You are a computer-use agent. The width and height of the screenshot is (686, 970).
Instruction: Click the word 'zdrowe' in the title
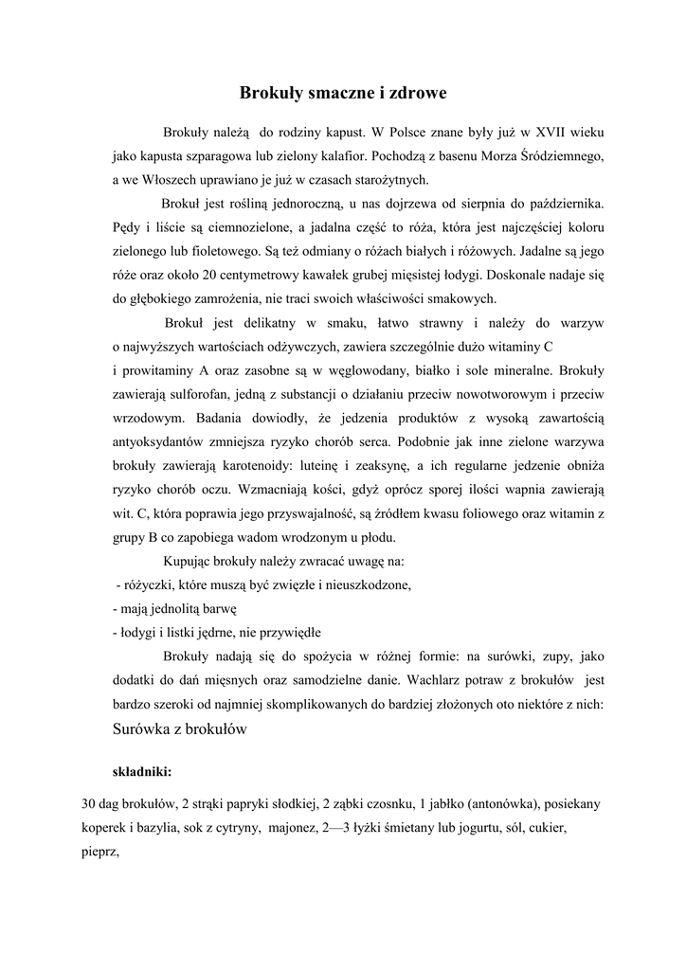[x=410, y=94]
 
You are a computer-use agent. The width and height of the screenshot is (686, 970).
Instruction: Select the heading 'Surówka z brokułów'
[x=179, y=729]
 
